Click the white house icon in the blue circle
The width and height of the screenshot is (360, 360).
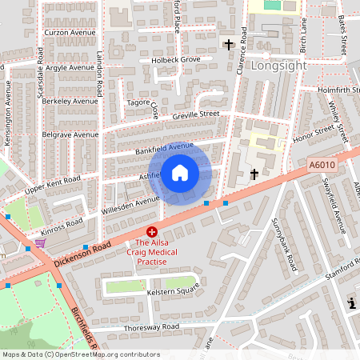pos(180,172)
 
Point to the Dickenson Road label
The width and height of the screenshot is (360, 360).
pos(81,255)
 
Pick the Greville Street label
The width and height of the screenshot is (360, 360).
pos(195,115)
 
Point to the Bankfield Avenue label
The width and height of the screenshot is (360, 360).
pos(164,146)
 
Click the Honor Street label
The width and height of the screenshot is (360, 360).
pos(312,132)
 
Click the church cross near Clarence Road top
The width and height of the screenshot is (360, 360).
pos(228,44)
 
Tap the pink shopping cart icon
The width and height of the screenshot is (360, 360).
pos(40,242)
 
